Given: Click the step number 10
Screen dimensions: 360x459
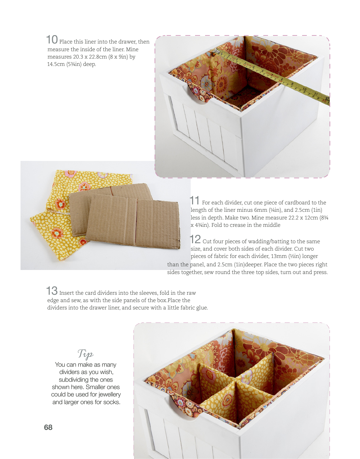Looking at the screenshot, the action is click(x=52, y=40).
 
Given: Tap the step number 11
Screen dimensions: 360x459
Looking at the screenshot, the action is click(x=194, y=200).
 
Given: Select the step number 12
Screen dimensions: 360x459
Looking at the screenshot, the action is click(x=195, y=239).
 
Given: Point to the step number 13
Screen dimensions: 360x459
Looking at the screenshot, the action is click(x=52, y=291).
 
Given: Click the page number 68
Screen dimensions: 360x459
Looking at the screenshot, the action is click(x=48, y=427).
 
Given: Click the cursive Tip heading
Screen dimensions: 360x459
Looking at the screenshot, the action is click(x=86, y=354).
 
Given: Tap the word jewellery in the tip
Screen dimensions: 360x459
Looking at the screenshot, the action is click(x=110, y=394).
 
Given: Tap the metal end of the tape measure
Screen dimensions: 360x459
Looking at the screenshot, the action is click(x=216, y=51).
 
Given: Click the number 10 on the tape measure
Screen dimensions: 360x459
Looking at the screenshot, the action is click(x=304, y=89).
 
